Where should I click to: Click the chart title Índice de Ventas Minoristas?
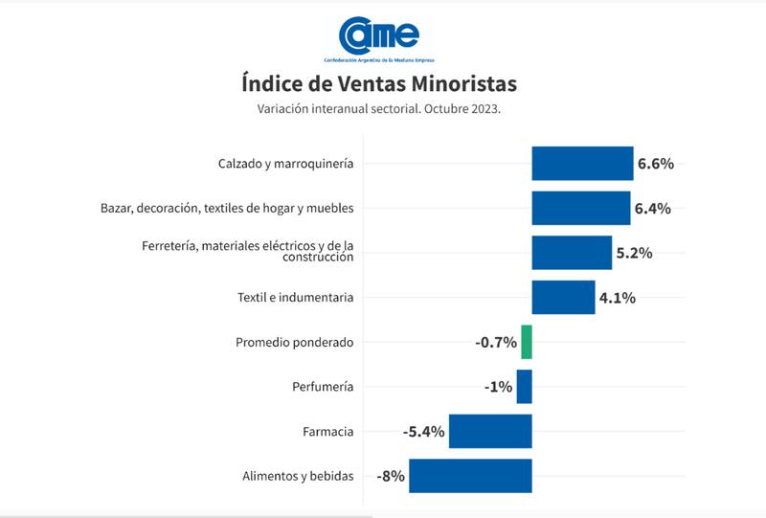tap(379, 82)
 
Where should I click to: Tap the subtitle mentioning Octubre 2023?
tap(379, 108)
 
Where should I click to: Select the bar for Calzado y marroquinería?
tap(582, 164)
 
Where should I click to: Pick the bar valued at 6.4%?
tap(580, 208)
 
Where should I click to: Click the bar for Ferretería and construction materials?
tap(572, 253)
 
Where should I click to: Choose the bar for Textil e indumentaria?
tap(563, 297)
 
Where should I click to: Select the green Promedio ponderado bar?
tap(527, 342)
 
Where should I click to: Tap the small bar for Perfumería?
tap(524, 387)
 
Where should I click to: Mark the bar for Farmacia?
tap(490, 431)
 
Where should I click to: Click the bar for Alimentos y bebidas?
tap(470, 476)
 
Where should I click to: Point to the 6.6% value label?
tap(656, 164)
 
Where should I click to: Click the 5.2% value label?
tap(634, 253)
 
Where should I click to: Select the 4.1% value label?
tap(618, 297)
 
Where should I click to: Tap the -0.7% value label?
tap(496, 342)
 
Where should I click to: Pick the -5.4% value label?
tap(423, 431)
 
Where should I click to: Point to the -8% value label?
tap(391, 476)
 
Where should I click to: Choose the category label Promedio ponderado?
tap(295, 342)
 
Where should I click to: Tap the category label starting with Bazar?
tap(227, 208)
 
